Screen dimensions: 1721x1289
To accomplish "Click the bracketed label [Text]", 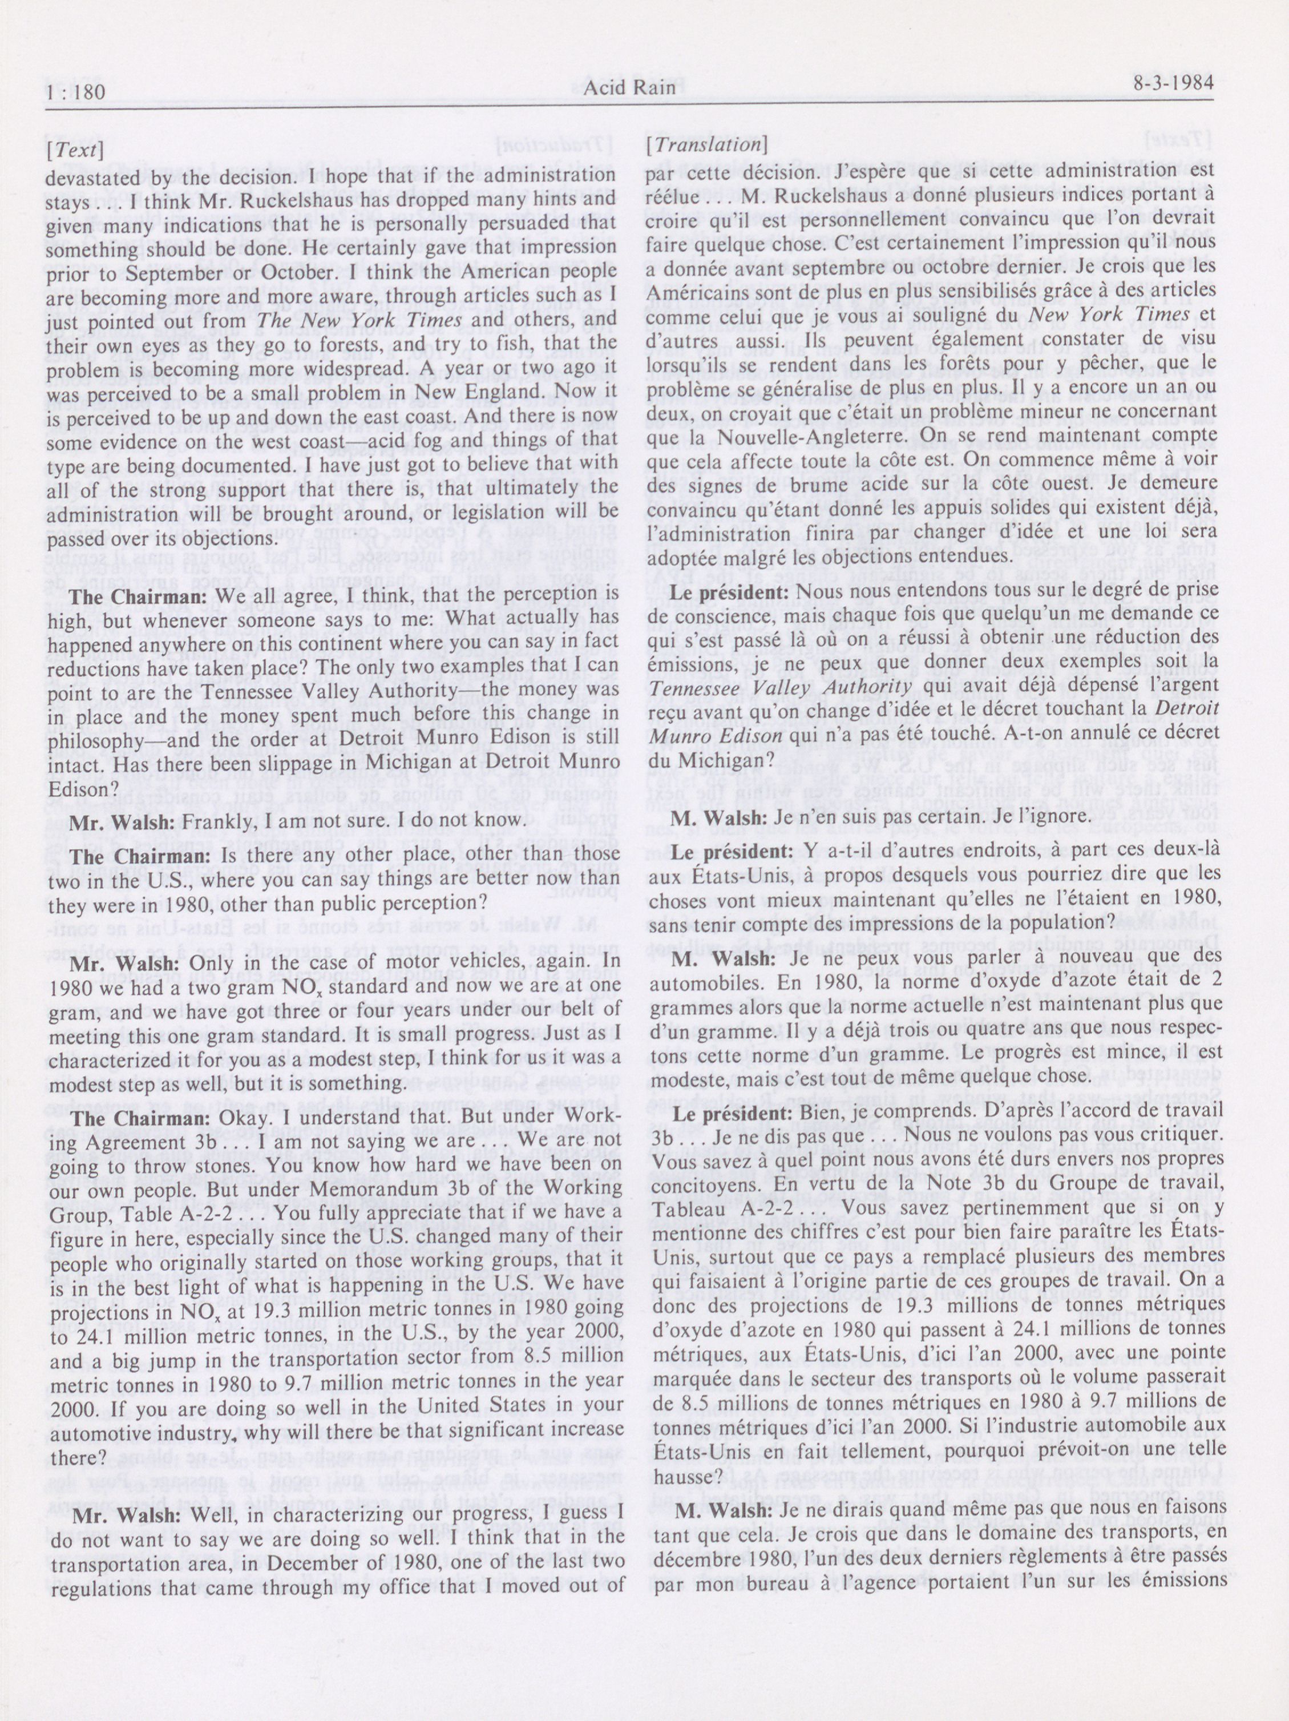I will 75,150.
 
